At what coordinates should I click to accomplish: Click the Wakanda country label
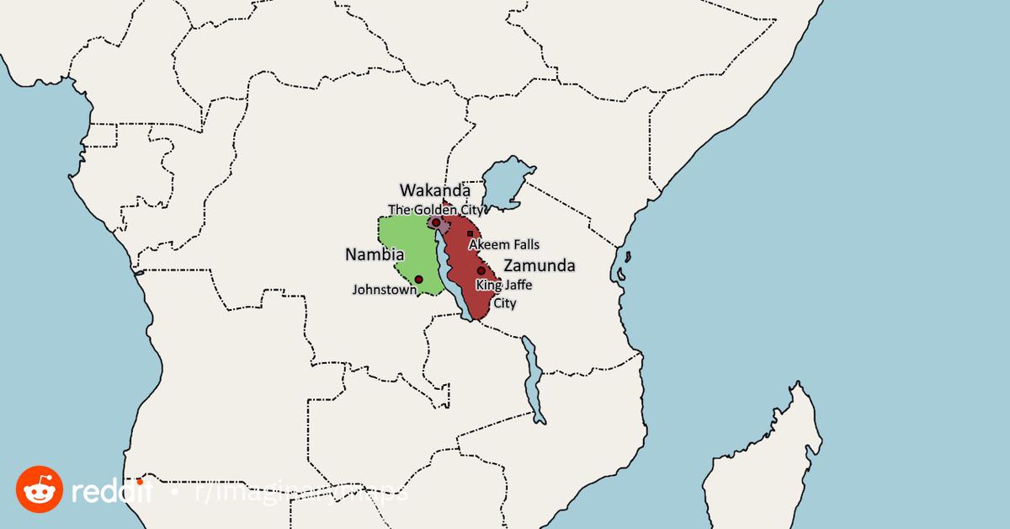[434, 190]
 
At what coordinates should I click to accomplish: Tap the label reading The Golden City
[435, 209]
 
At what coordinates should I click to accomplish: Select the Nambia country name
[375, 254]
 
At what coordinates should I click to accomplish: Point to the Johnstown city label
[384, 289]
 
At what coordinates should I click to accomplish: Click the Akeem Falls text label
[503, 244]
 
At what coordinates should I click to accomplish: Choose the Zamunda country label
[540, 266]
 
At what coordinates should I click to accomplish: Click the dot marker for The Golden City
[436, 222]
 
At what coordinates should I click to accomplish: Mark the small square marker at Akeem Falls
[470, 233]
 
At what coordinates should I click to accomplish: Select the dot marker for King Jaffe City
[481, 271]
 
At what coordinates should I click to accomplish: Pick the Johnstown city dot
[418, 279]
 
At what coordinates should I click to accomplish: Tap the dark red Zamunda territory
[465, 270]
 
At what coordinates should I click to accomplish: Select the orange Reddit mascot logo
[40, 489]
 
